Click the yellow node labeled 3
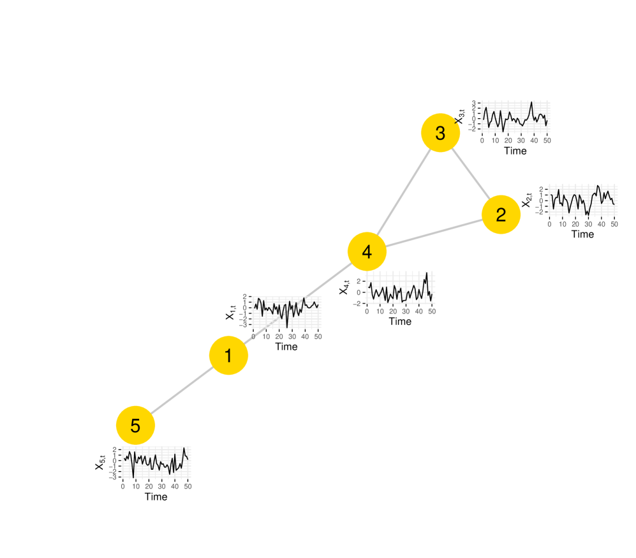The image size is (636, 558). (440, 133)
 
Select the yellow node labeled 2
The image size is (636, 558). (501, 215)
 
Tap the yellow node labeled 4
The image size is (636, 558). (367, 252)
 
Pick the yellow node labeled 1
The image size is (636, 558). (228, 355)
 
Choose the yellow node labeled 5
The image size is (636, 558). (135, 425)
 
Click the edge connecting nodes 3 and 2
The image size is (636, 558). (471, 174)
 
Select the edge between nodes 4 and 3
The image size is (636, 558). (403, 192)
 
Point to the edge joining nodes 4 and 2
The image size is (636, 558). (434, 233)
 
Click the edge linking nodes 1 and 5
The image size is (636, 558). (182, 390)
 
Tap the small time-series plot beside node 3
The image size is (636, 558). (515, 117)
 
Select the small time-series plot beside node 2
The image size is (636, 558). (582, 200)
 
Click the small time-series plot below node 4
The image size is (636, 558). (400, 287)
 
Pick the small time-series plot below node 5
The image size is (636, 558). (156, 462)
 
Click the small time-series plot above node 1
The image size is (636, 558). (286, 312)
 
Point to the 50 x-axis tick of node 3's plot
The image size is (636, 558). (547, 140)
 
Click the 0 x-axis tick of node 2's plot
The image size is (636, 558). (549, 224)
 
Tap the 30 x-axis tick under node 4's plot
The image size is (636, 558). (406, 312)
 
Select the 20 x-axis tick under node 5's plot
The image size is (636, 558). (149, 486)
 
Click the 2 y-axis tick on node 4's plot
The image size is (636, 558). (359, 281)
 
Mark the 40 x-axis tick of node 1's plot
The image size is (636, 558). (305, 336)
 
